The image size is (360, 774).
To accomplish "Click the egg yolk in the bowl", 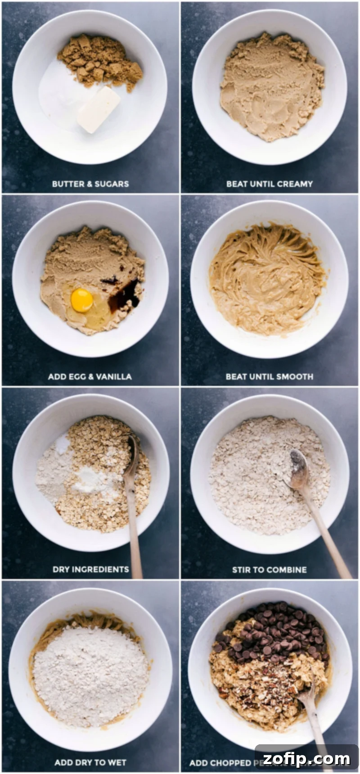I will [x=81, y=300].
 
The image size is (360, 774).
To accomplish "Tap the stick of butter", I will [x=98, y=109].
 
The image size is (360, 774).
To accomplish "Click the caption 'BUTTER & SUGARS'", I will [x=90, y=184].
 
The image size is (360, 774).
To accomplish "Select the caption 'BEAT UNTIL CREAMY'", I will [x=269, y=184].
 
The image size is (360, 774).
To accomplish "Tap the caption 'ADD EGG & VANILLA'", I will [x=90, y=376].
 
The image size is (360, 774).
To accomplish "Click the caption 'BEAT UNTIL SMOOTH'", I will [x=269, y=376].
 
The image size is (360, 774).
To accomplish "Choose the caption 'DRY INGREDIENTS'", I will [x=90, y=569].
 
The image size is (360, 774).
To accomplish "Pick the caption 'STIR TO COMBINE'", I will [x=269, y=570].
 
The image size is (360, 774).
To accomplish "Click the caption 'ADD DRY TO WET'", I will [x=90, y=762].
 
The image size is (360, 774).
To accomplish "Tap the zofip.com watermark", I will [x=306, y=759].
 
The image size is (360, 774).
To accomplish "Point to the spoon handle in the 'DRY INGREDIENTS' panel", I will [x=134, y=531].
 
